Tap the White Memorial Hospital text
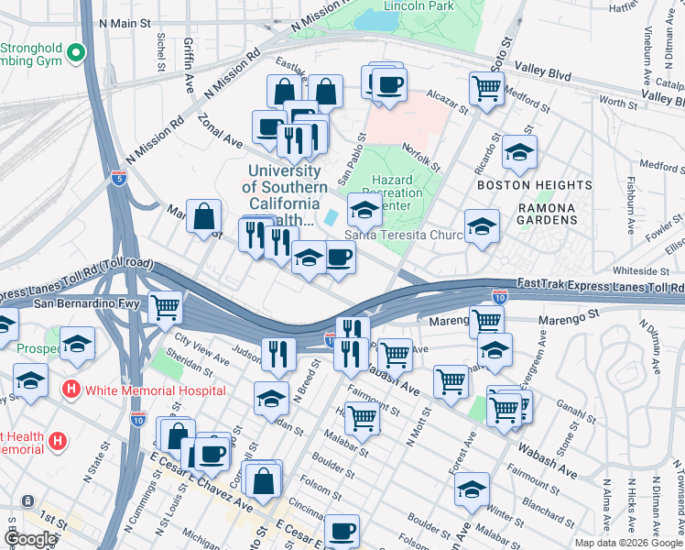156,390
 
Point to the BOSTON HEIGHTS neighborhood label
529,184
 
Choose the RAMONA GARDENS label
548,214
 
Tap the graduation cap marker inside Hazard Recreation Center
364,211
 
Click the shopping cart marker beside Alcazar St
486,89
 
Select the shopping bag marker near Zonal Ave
204,217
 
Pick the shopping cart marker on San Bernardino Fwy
166,308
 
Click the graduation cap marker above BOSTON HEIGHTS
519,152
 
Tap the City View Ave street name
201,355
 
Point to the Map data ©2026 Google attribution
627,543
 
